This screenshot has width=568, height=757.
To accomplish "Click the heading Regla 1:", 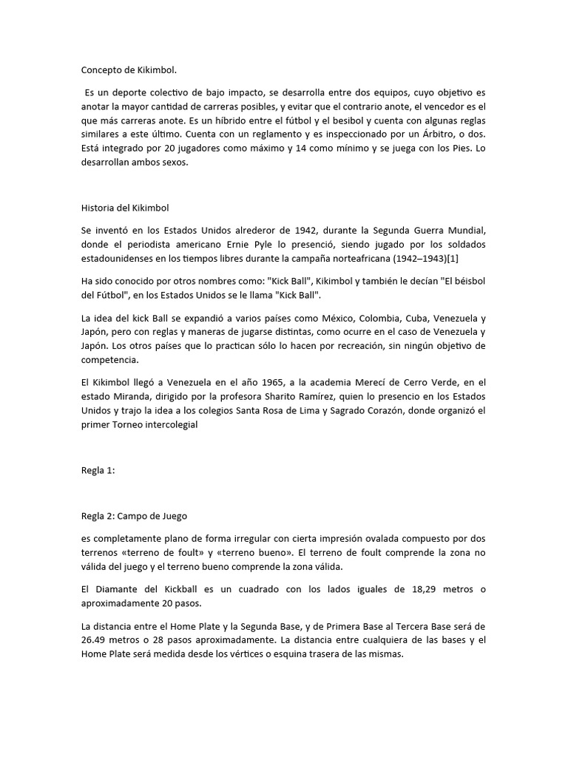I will click(x=98, y=470).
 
